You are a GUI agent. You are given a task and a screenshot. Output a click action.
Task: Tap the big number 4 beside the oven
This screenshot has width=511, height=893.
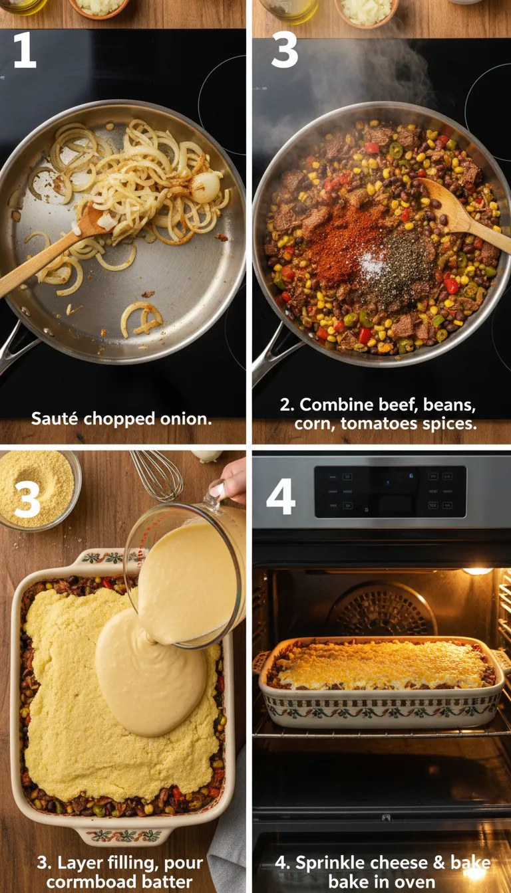click(280, 497)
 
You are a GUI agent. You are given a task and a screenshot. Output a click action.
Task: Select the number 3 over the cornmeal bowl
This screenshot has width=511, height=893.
click(27, 500)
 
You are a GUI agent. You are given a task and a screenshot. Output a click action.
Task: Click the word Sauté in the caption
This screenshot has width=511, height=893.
click(51, 419)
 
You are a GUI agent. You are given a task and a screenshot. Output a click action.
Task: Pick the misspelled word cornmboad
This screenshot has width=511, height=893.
click(75, 882)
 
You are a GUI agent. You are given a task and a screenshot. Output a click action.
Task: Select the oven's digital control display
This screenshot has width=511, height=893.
click(390, 492)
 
